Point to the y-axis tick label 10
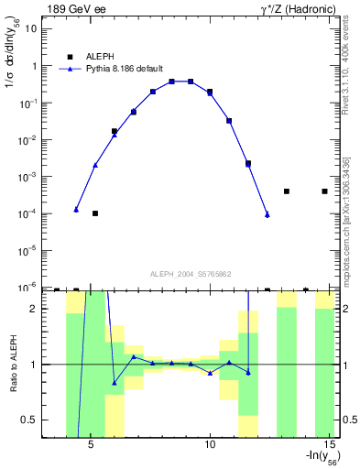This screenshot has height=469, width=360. tap(32, 29)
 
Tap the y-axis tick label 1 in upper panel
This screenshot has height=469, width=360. tap(36, 66)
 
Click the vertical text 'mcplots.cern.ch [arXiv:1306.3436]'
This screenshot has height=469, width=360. tap(348, 211)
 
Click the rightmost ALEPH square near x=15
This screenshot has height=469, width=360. tap(324, 191)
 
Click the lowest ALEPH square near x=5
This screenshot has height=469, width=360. tap(95, 213)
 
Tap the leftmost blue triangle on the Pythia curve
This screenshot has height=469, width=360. tap(76, 210)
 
